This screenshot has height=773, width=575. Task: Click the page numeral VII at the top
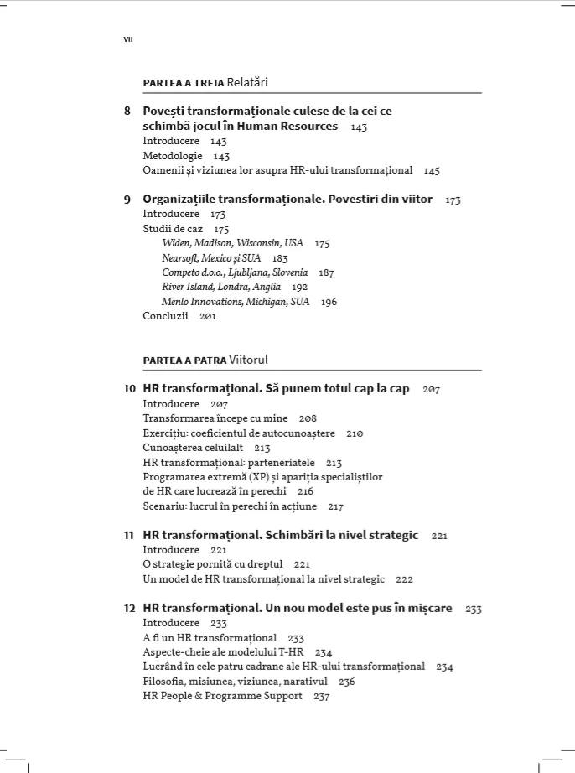click(x=128, y=39)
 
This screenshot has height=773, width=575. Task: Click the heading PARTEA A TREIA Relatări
click(x=205, y=82)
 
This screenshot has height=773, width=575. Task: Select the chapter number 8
click(x=127, y=111)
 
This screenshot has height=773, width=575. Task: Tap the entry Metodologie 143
click(x=186, y=156)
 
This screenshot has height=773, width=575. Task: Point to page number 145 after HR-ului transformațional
click(x=432, y=171)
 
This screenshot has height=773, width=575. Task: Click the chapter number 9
click(x=127, y=200)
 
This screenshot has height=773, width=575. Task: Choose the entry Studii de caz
click(x=174, y=229)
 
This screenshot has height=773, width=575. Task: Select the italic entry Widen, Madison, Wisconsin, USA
click(x=232, y=243)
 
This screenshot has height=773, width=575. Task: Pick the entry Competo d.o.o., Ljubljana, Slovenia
click(x=235, y=272)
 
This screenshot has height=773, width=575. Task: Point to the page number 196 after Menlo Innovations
click(x=329, y=302)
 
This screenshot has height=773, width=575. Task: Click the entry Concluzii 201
click(x=179, y=317)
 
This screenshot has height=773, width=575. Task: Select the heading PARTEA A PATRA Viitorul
click(x=205, y=360)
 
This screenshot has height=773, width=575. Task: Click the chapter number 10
click(x=129, y=389)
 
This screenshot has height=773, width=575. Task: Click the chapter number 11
click(x=129, y=535)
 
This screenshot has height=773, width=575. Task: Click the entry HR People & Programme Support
click(x=223, y=696)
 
